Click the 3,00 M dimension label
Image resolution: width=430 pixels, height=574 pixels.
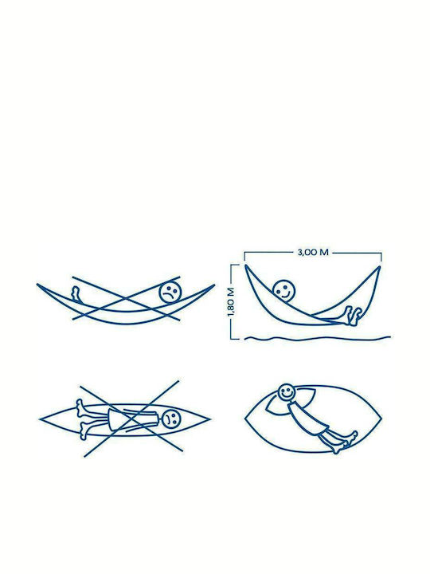click(x=313, y=252)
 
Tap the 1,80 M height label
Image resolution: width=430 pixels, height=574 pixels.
click(x=231, y=302)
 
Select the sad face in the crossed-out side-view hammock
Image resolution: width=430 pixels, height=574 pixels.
click(x=170, y=292)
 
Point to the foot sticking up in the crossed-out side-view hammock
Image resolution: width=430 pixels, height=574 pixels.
click(x=76, y=294)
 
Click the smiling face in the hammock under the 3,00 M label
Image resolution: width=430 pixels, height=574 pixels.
click(x=284, y=291)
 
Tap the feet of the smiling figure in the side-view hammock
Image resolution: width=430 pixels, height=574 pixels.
click(x=353, y=316)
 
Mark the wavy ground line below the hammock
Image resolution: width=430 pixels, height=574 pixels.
click(x=318, y=338)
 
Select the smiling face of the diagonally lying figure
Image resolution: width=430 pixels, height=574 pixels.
click(x=287, y=393)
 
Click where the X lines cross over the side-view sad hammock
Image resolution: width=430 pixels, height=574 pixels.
click(x=126, y=297)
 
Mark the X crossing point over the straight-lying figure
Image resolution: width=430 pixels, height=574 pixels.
click(x=131, y=419)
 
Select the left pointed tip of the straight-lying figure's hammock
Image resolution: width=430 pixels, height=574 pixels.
click(x=40, y=419)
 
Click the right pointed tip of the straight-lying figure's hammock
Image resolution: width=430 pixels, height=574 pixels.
click(x=210, y=419)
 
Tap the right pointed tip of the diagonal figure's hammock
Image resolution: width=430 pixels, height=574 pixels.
click(x=381, y=419)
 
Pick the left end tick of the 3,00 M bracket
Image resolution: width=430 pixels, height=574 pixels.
click(x=244, y=256)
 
